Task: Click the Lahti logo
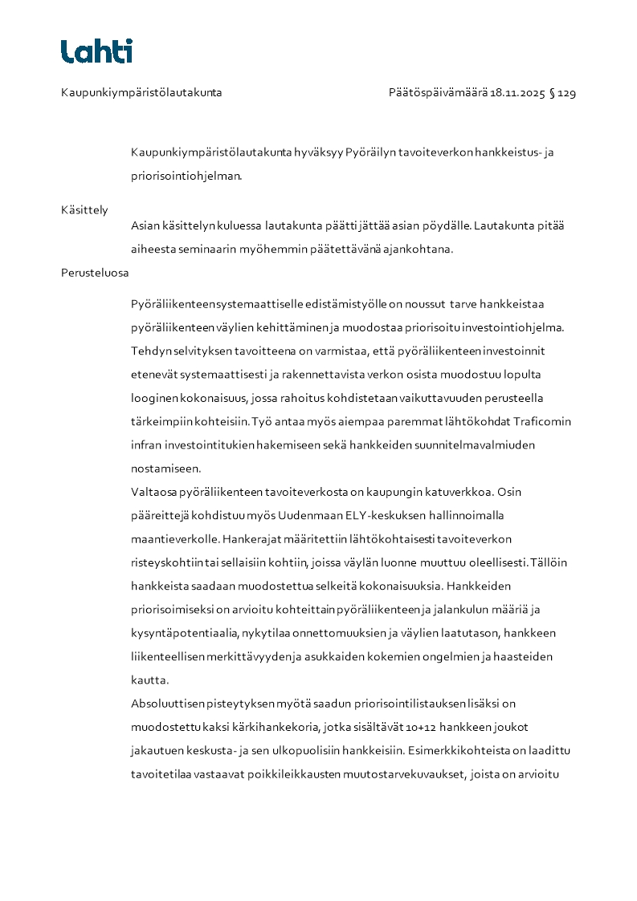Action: pyautogui.click(x=96, y=51)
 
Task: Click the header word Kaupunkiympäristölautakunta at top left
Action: pyautogui.click(x=141, y=93)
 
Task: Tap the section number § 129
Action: pyautogui.click(x=562, y=93)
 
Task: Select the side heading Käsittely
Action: pyautogui.click(x=84, y=210)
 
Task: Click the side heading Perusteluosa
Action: pyautogui.click(x=95, y=272)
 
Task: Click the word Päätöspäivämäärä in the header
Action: pyautogui.click(x=438, y=93)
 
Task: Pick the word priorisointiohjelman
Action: pyautogui.click(x=186, y=177)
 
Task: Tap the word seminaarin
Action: pyautogui.click(x=214, y=249)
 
